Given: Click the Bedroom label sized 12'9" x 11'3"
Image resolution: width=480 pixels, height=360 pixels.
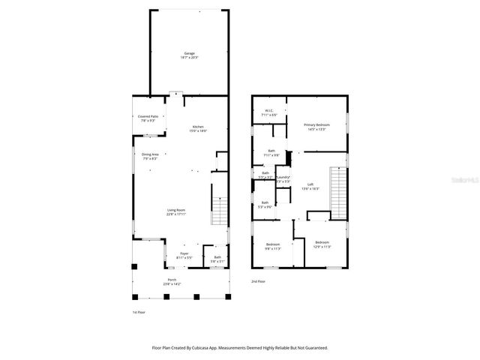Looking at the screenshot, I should coord(322,244).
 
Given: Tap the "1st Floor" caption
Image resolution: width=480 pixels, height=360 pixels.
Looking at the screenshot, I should coord(139,311).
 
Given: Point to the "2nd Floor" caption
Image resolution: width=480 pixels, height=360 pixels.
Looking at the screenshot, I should coord(259,281).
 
